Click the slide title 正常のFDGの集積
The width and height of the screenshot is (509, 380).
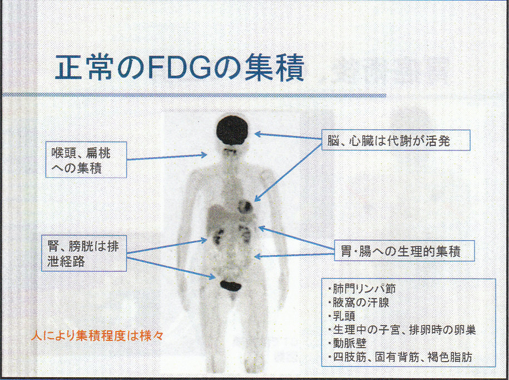[180, 68]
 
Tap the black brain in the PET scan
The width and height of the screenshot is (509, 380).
[232, 130]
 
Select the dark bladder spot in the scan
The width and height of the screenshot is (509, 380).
[230, 285]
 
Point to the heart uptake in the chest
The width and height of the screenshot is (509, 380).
[245, 206]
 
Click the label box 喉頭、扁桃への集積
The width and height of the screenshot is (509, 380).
[86, 159]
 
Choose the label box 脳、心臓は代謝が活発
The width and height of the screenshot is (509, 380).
[396, 140]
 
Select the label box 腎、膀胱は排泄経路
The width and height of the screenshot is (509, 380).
[84, 253]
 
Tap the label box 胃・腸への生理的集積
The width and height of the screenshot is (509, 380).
[404, 251]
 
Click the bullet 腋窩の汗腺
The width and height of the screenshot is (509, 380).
[358, 303]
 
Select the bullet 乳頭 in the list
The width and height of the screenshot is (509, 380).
[341, 316]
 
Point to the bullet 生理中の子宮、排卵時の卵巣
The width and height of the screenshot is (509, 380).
[402, 330]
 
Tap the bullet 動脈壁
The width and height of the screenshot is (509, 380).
[347, 344]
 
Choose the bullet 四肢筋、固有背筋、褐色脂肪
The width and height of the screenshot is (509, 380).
[399, 357]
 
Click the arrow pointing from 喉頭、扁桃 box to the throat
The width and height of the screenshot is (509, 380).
[167, 157]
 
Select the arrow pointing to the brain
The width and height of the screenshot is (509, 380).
[288, 136]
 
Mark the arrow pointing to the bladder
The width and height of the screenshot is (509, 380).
[171, 267]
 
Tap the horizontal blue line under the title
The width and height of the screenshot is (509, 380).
[194, 95]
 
